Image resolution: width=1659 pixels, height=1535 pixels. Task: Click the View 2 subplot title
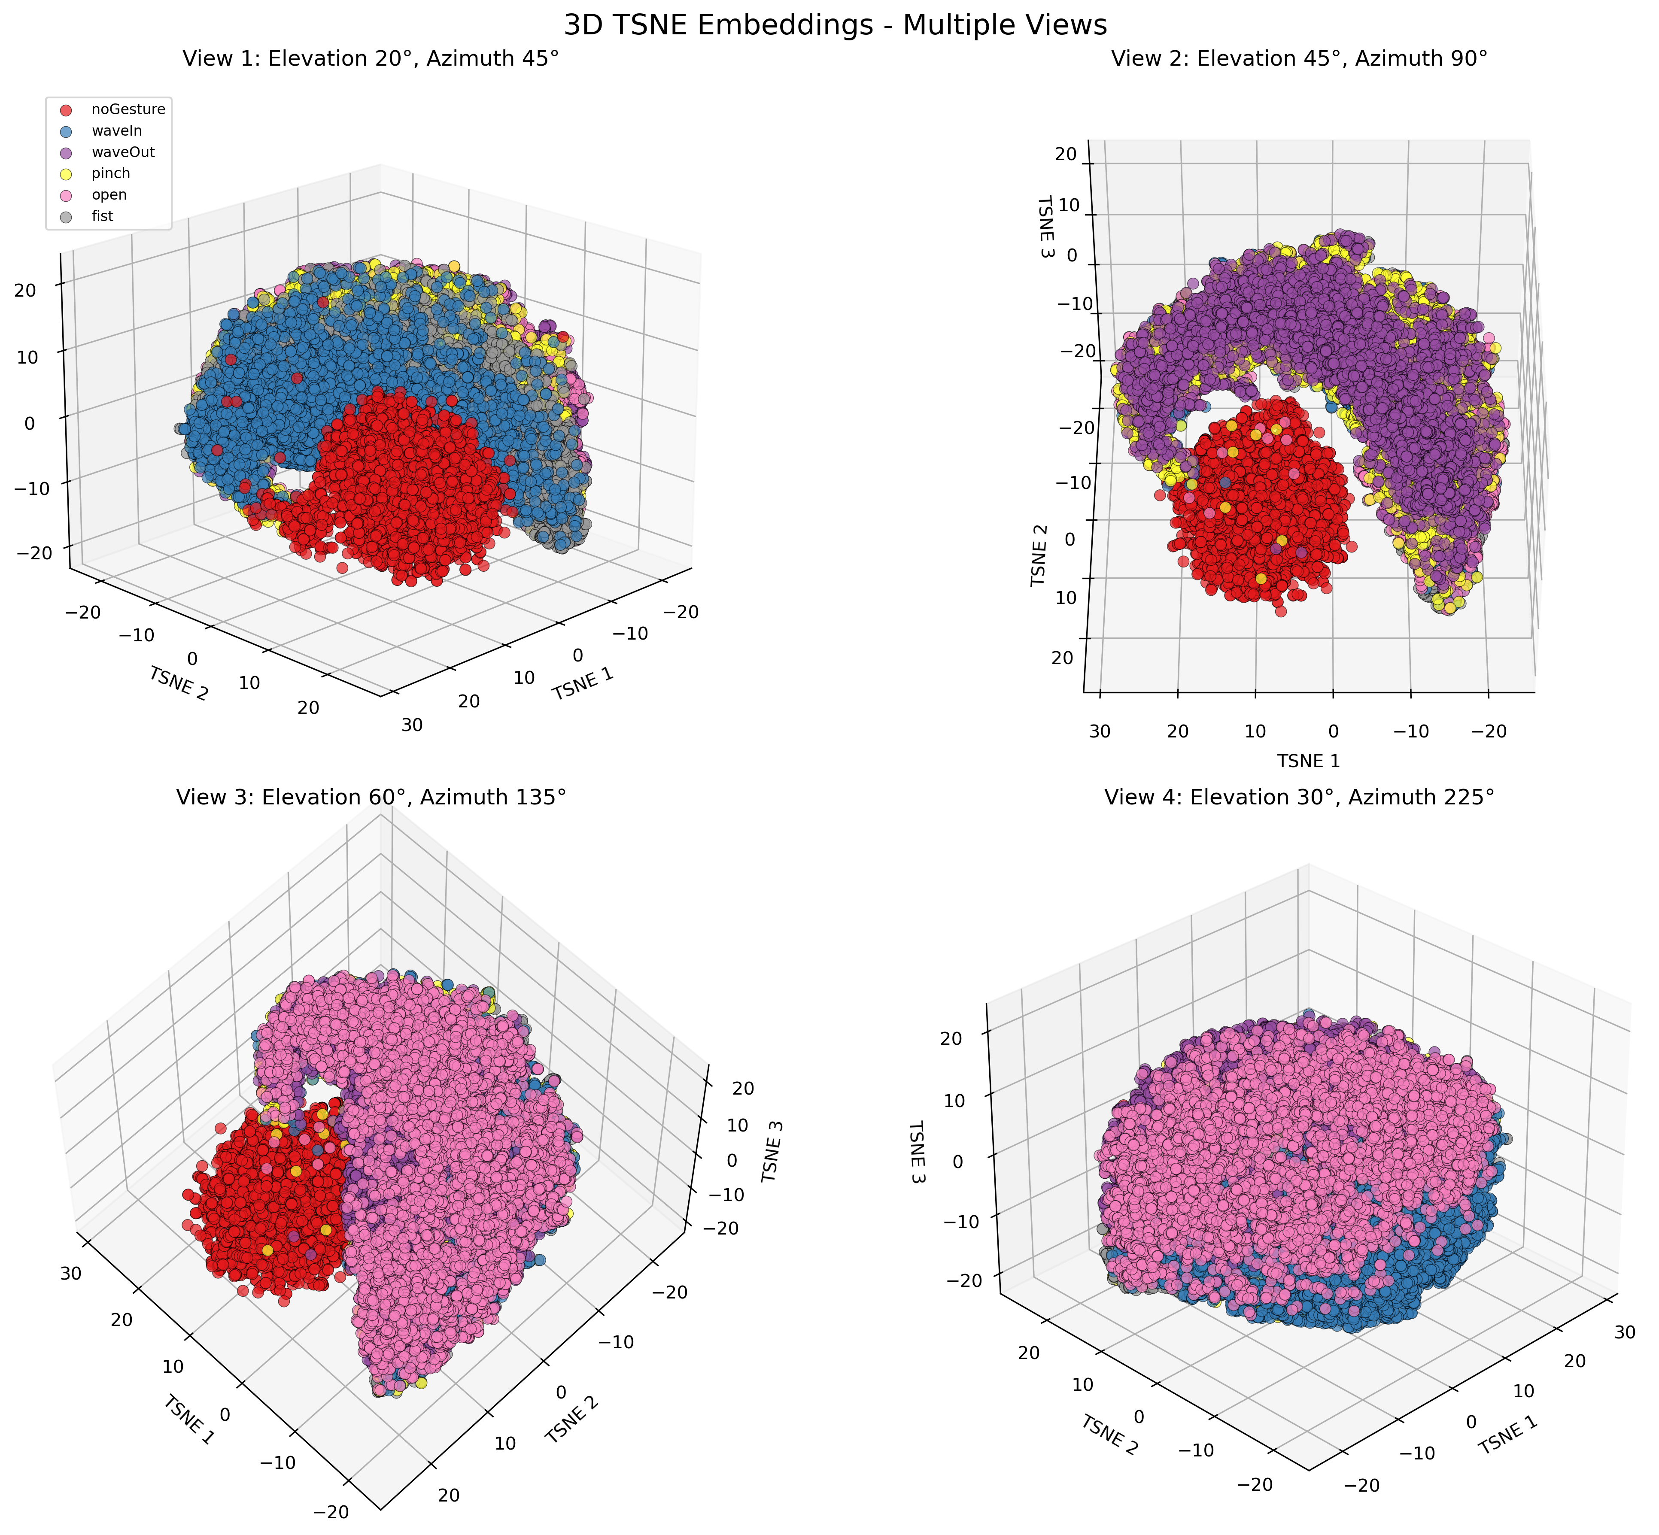click(x=1298, y=59)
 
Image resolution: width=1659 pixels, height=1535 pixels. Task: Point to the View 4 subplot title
click(x=1298, y=798)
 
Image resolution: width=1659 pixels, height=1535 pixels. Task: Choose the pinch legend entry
click(x=110, y=173)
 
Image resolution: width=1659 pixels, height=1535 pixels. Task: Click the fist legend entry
click(x=103, y=216)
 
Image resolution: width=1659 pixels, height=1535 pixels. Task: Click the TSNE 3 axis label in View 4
click(x=917, y=1153)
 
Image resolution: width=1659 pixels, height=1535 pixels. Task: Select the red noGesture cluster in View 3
click(x=266, y=1196)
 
